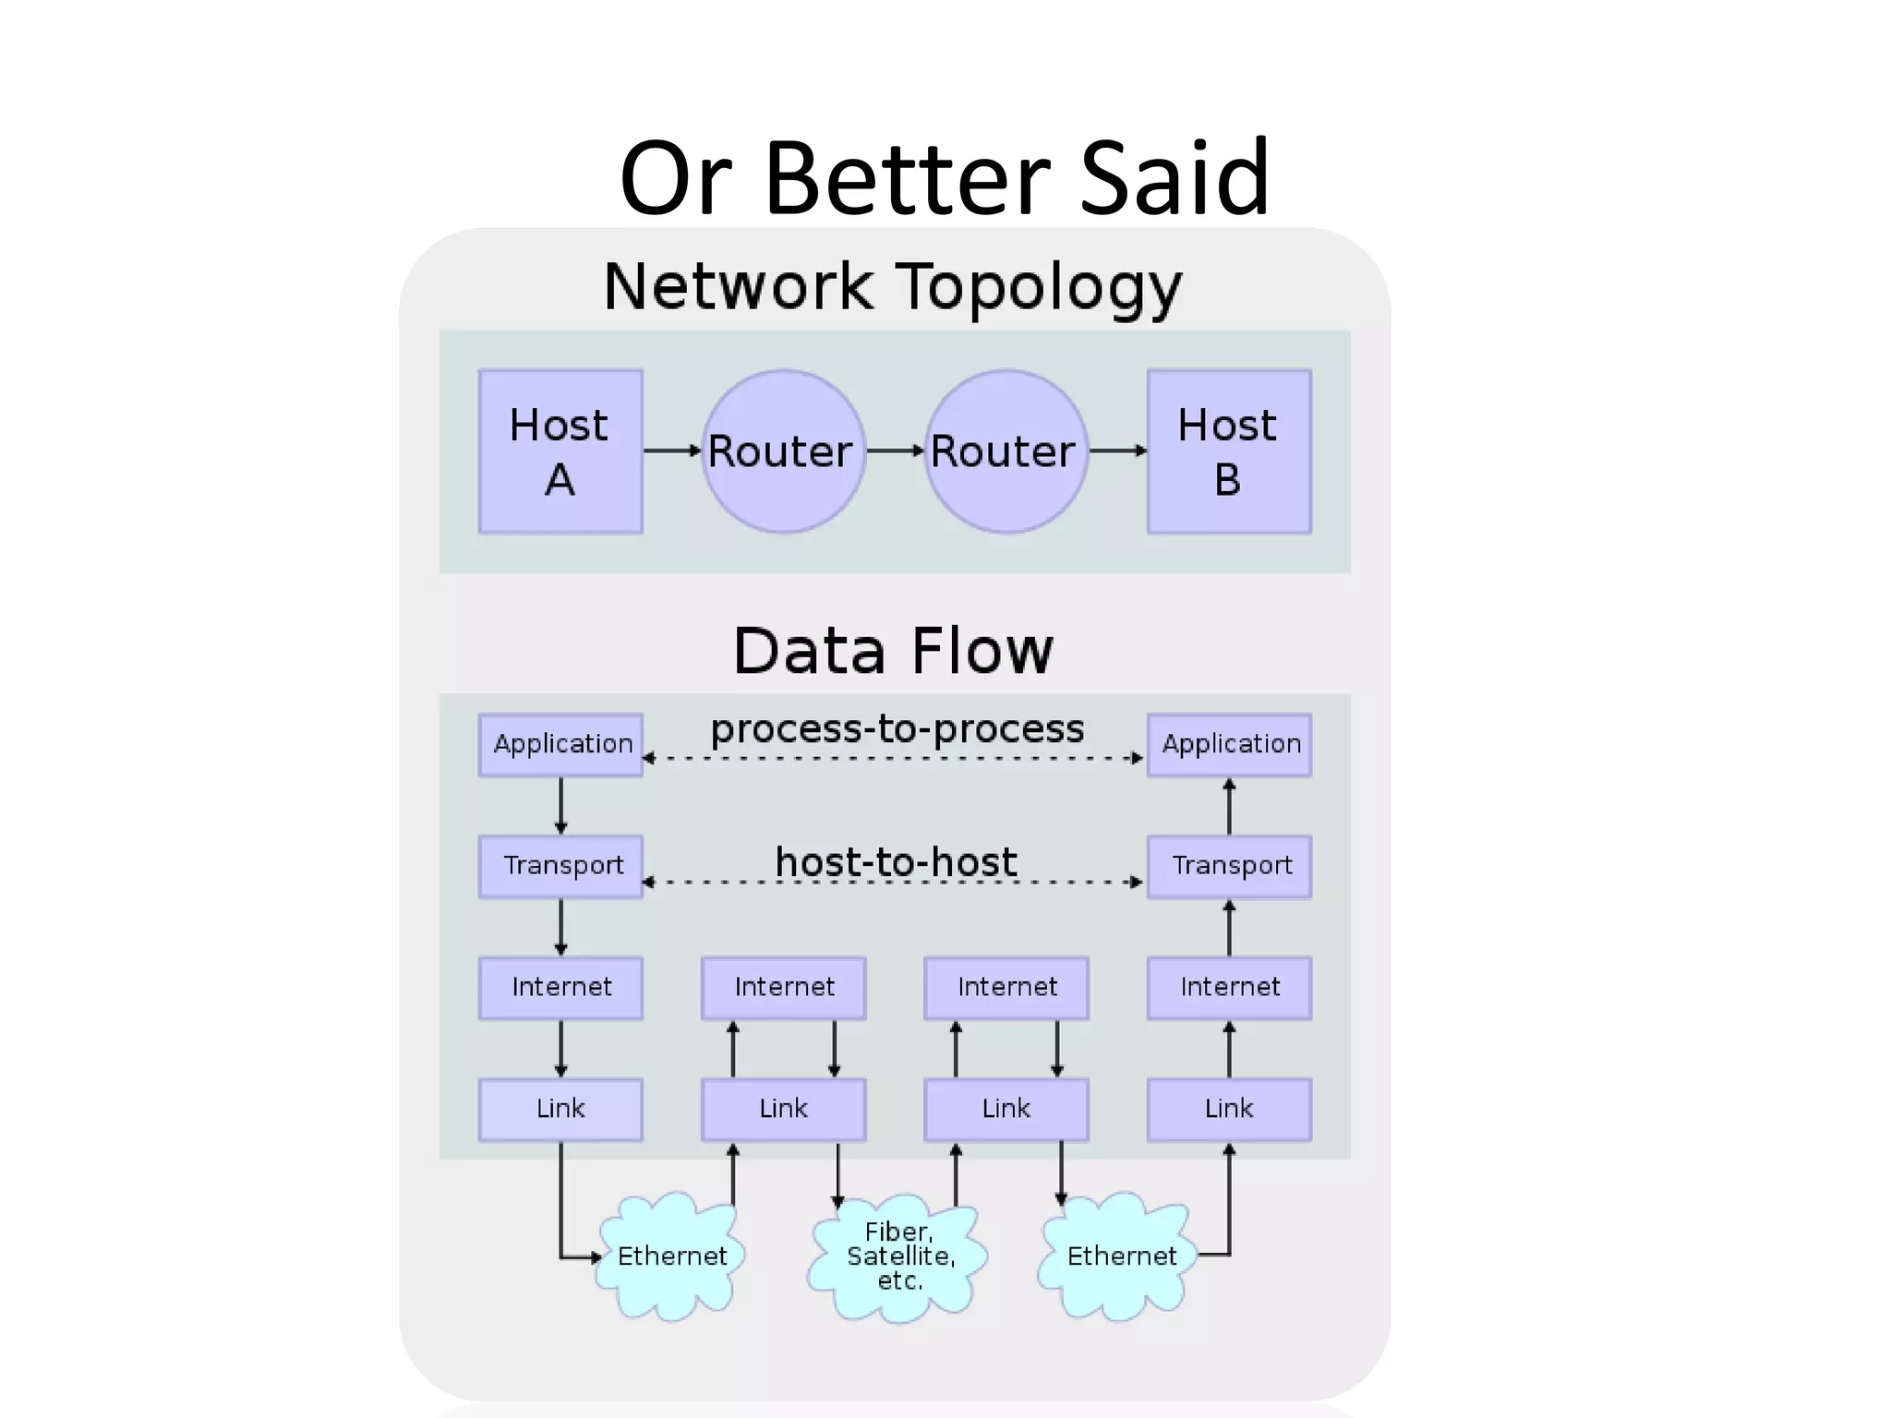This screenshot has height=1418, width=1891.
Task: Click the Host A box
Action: pyautogui.click(x=560, y=451)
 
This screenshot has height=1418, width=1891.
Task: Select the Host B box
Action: pyautogui.click(x=1229, y=451)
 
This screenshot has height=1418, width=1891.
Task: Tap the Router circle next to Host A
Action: pyautogui.click(x=783, y=451)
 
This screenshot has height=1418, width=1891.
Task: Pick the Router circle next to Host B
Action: pyautogui.click(x=1006, y=451)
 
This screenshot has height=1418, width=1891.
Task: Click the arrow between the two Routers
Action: pyautogui.click(x=895, y=451)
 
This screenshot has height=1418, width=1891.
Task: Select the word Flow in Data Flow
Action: pyautogui.click(x=981, y=651)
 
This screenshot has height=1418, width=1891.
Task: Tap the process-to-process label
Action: pyautogui.click(x=897, y=729)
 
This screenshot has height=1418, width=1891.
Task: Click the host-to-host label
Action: pyautogui.click(x=896, y=862)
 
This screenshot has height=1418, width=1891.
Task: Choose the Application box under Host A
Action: pyautogui.click(x=560, y=744)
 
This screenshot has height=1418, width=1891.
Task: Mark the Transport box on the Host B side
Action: pyautogui.click(x=1229, y=866)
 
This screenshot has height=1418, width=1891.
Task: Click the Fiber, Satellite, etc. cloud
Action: pyautogui.click(x=898, y=1257)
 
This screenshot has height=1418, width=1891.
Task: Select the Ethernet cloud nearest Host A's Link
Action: pyautogui.click(x=671, y=1256)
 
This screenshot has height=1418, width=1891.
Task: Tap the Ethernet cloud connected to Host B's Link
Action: pyautogui.click(x=1120, y=1256)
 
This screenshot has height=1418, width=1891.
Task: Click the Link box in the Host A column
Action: pyautogui.click(x=560, y=1109)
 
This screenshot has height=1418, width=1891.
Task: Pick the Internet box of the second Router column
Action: pyautogui.click(x=1006, y=987)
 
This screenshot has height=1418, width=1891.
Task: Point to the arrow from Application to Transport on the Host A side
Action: pyautogui.click(x=560, y=805)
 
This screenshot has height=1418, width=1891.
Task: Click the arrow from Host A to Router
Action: pyautogui.click(x=672, y=451)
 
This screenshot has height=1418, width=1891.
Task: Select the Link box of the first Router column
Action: pyautogui.click(x=783, y=1109)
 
